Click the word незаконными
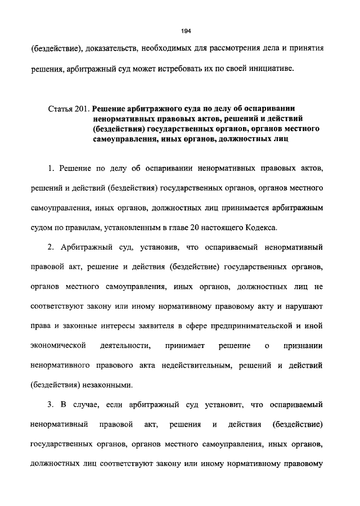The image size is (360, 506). coord(106,385)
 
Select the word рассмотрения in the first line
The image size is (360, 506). coord(228,49)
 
